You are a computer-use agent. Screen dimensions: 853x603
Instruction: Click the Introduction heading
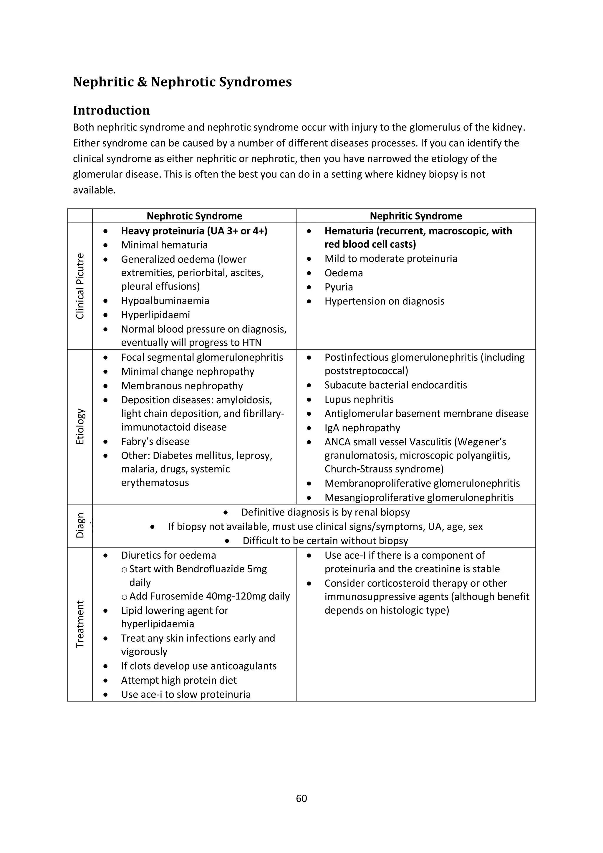111,110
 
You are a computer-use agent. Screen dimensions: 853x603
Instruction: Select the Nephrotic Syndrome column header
194,216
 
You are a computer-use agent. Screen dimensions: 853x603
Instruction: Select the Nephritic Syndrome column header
415,216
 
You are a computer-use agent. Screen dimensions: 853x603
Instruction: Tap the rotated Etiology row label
80,426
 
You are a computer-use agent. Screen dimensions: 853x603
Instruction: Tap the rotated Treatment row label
80,624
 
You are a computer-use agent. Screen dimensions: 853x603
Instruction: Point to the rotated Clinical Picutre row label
80,286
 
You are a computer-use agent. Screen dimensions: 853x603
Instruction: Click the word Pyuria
338,287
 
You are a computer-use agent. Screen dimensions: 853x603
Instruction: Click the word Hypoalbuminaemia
165,300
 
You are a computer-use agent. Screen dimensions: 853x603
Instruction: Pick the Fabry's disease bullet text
155,441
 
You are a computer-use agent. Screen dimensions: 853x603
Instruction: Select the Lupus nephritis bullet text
359,399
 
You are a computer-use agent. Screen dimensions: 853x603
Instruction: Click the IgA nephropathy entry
362,428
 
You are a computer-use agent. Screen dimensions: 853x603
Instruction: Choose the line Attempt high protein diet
179,680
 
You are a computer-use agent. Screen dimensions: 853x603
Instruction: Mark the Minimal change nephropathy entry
188,371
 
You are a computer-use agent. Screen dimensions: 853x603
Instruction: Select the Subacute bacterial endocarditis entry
395,385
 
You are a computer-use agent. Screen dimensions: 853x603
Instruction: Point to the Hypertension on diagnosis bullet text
384,301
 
